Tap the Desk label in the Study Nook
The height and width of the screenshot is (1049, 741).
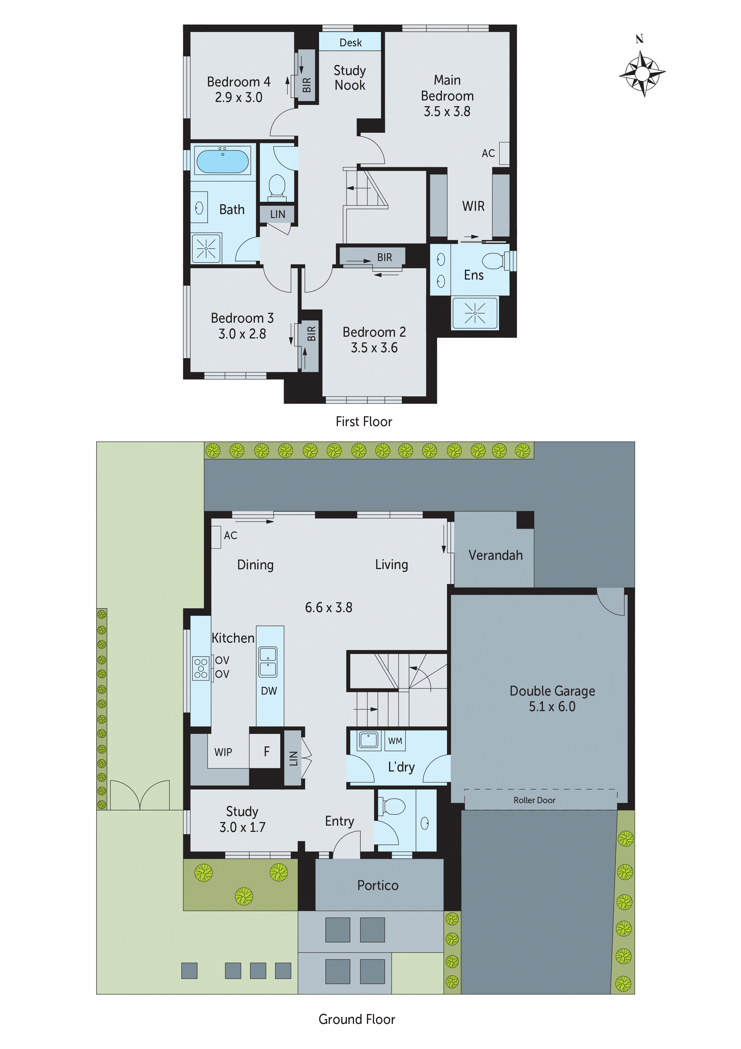350,42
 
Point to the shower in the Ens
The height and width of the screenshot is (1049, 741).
474,313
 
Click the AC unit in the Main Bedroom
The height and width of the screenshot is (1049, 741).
504,153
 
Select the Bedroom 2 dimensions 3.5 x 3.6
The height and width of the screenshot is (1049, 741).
374,348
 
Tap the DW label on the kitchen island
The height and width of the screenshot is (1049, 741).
269,691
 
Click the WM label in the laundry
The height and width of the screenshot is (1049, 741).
395,741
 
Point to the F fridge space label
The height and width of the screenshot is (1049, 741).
267,751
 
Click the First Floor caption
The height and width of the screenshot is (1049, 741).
363,421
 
